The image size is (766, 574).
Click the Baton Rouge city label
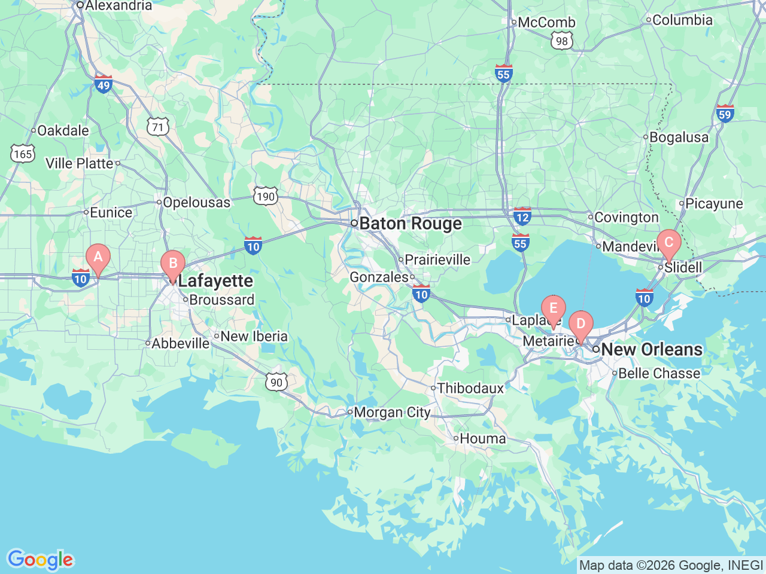410,224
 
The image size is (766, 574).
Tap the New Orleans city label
651,350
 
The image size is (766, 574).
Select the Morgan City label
392,413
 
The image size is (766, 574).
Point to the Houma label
482,439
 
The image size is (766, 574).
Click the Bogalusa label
679,138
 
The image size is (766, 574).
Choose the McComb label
546,23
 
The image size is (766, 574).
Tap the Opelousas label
196,203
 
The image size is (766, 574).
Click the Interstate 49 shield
104,84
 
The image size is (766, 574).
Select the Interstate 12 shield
522,216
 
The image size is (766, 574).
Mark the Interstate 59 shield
725,113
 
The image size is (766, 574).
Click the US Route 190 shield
265,196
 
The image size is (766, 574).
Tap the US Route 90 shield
276,382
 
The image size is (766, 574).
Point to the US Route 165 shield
22,154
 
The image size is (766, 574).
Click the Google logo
40,560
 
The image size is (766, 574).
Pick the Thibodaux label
470,389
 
